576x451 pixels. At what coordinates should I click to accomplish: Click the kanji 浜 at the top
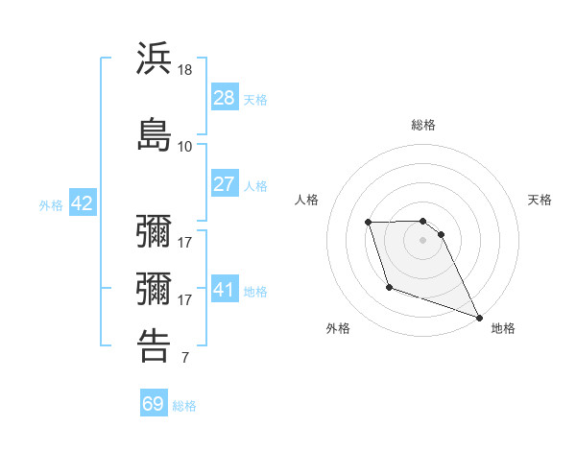click(x=155, y=59)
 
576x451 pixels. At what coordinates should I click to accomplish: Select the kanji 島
click(x=155, y=133)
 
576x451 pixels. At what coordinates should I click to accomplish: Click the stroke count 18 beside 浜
click(x=185, y=70)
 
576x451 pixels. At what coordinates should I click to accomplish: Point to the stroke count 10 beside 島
click(x=185, y=146)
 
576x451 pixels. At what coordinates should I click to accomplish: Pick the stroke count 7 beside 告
click(x=185, y=359)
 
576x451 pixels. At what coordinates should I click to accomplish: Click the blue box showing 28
click(x=225, y=98)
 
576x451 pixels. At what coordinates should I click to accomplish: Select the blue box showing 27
click(x=225, y=184)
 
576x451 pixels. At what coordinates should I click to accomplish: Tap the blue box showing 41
click(x=225, y=289)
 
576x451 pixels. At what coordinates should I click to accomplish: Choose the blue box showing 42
click(x=82, y=203)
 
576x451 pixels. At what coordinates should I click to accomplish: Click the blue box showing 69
click(x=154, y=404)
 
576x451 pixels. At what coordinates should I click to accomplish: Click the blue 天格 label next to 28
click(x=255, y=99)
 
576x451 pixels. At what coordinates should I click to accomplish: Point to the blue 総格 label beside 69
click(x=184, y=405)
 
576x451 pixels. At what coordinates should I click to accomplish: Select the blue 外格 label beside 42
click(x=51, y=204)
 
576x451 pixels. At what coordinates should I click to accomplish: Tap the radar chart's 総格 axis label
click(x=422, y=125)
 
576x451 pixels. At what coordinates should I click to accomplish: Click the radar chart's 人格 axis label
click(x=306, y=200)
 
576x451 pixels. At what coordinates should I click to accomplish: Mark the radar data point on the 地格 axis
click(x=479, y=317)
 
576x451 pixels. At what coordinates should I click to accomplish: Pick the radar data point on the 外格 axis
click(x=389, y=287)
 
